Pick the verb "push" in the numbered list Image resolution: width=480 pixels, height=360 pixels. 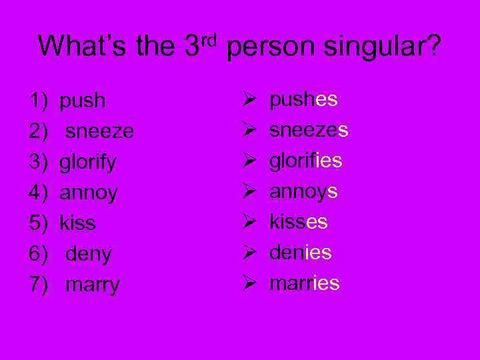pos(83,101)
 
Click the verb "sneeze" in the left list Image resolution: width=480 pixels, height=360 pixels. pos(99,131)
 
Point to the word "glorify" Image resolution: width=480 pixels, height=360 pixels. pos(88,163)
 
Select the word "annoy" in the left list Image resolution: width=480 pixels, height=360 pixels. pos(89,193)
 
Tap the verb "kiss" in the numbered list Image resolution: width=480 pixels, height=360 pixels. pos(77,223)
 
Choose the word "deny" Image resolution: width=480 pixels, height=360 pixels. pos(89,254)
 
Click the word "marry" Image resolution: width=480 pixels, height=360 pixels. pos(93,285)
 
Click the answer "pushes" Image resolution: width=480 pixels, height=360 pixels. pos(303,100)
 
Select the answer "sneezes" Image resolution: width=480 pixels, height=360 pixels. pos(309,131)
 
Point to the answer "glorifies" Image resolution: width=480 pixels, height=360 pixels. pos(305,161)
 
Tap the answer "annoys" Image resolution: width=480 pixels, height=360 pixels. pos(303,192)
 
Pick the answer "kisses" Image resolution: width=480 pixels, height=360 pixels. pos(298,222)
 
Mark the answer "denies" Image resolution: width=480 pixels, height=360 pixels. pos(300,253)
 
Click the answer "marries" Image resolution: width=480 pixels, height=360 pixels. pos(304,283)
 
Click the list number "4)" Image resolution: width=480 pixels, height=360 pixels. pos(37,193)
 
